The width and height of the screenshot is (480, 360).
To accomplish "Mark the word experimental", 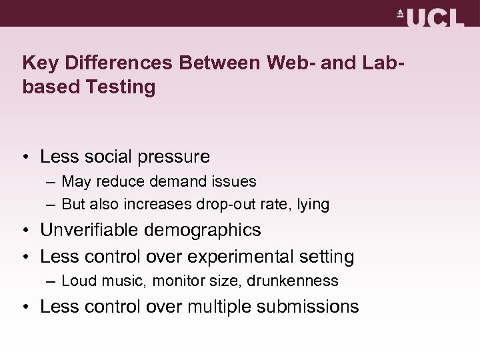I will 249,257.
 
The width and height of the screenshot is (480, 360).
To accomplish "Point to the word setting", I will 327,257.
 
